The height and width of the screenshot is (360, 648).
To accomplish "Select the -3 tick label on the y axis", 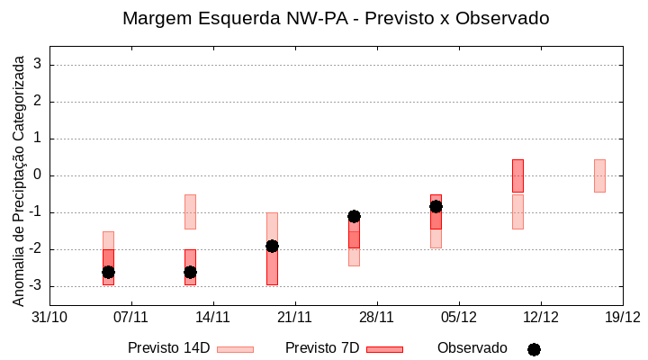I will [x=36, y=286].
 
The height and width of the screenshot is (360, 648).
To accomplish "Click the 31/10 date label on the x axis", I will [x=49, y=317].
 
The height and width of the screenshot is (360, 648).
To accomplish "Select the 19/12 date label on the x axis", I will [x=622, y=317].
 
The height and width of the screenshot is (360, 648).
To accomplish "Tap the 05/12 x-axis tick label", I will [x=458, y=317].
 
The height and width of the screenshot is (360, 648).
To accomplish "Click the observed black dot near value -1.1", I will [x=354, y=216].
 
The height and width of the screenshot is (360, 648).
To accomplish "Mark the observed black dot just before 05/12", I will [x=436, y=206].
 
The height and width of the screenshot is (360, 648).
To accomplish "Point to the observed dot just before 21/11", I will [x=272, y=246].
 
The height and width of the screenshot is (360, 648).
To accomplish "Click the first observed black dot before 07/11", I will [x=108, y=272].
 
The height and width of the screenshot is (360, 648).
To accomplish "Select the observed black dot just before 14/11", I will [x=190, y=272].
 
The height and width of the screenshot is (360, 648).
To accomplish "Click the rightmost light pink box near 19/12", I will [x=599, y=175].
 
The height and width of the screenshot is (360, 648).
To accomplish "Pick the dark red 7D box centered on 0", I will [x=517, y=175].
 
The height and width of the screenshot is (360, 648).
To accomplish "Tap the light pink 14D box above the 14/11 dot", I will [x=190, y=211].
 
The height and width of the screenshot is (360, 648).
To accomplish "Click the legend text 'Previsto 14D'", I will [x=168, y=348].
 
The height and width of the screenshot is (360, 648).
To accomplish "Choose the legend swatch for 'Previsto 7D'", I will [x=384, y=349].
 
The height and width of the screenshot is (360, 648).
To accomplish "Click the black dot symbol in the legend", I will [x=534, y=349].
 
